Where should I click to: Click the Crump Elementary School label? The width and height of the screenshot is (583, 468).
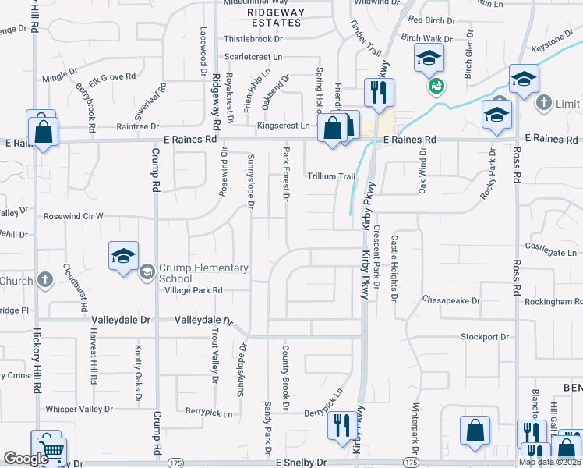pos(203,273)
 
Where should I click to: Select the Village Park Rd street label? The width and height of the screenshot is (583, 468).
pos(193,290)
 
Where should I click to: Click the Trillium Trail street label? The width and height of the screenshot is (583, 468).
pos(330,176)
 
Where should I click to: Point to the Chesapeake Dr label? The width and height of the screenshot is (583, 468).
pos(450,299)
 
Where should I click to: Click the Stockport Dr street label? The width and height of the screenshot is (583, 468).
pos(484,337)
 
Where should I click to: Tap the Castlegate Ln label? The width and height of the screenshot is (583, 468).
pos(553,252)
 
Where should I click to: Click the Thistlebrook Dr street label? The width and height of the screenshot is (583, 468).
pos(253,38)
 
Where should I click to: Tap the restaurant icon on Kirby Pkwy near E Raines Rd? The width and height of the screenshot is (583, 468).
pos(379,93)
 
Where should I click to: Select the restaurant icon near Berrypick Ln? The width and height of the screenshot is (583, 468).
pos(341,427)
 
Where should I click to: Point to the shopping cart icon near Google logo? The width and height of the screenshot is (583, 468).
pos(51,451)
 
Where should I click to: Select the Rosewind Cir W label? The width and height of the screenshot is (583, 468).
pos(73,216)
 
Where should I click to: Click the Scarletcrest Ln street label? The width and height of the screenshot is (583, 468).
pos(253,57)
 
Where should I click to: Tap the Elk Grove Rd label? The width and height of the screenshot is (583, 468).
pos(112,77)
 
